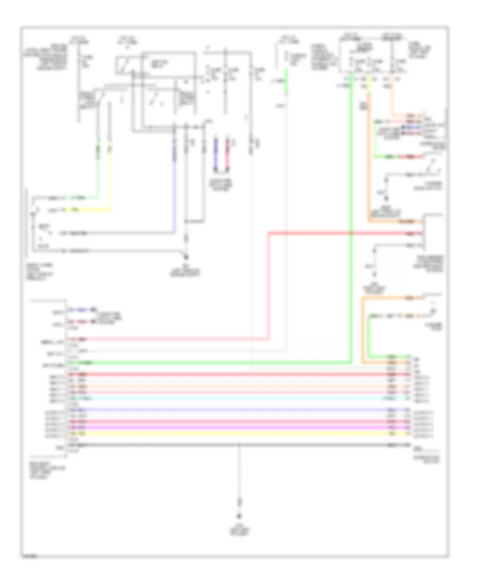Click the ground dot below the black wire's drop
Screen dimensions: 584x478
(238, 516)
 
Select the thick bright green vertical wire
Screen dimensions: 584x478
(351, 212)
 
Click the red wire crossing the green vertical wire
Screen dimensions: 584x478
(319, 233)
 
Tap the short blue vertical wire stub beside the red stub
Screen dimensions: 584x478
(215, 154)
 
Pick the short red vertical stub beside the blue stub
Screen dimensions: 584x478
(227, 154)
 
